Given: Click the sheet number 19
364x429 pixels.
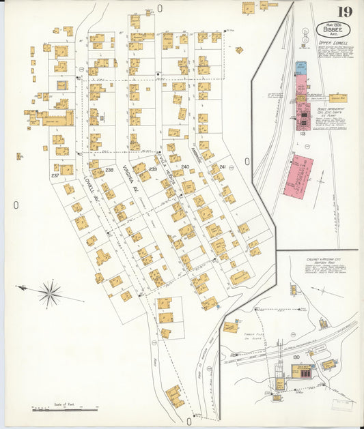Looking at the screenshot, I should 344,11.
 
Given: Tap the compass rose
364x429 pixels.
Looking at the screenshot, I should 49,293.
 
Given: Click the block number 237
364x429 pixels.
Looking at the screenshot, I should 54,175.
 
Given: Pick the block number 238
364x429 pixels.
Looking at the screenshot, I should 109,170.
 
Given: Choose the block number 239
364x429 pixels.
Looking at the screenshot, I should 153,168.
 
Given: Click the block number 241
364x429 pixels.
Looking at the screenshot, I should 222,166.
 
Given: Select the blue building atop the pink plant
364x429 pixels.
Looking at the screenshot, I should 300,68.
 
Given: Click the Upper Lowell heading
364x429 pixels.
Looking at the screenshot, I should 332,43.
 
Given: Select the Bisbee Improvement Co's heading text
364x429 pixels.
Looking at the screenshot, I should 332,108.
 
